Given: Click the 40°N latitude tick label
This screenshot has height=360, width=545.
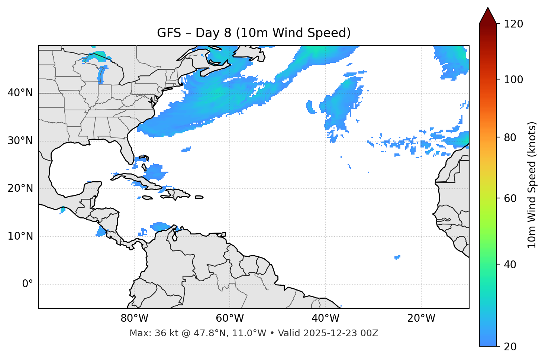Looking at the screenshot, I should click(20, 93).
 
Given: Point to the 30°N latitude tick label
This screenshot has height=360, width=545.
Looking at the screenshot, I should click(20, 141).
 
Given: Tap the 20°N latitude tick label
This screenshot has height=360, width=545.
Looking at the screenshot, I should click(20, 188).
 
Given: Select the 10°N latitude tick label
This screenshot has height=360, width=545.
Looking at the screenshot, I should click(20, 236).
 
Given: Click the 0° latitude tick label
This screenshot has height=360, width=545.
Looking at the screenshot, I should click(28, 284).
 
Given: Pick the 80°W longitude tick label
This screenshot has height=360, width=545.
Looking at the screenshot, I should click(134, 318).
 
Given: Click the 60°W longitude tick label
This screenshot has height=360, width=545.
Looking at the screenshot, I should click(230, 318).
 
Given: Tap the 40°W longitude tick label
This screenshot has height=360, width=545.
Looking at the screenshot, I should click(325, 318).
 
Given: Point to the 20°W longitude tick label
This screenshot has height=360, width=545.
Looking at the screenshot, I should click(421, 318).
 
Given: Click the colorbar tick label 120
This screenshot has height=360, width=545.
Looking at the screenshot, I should click(513, 24).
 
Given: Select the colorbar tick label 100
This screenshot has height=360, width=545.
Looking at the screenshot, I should click(513, 80).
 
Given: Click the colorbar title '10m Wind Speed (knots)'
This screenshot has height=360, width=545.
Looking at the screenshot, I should click(532, 185).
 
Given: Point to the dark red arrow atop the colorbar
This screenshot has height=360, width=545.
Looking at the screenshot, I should click(488, 16).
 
